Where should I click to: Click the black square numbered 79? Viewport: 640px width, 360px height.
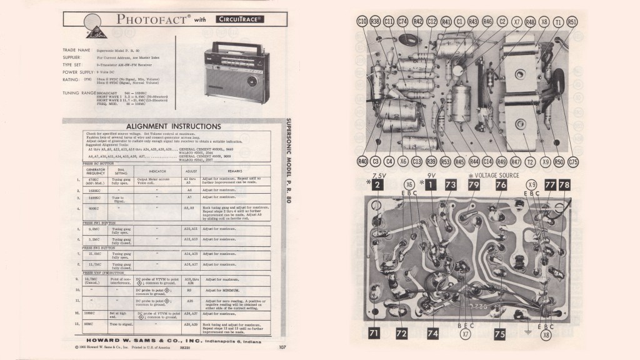point(474,186)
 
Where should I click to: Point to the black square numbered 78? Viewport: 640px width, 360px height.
point(564,186)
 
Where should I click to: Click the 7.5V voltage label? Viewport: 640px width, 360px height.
point(379,176)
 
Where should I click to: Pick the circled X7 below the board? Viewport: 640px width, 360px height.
point(464,334)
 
